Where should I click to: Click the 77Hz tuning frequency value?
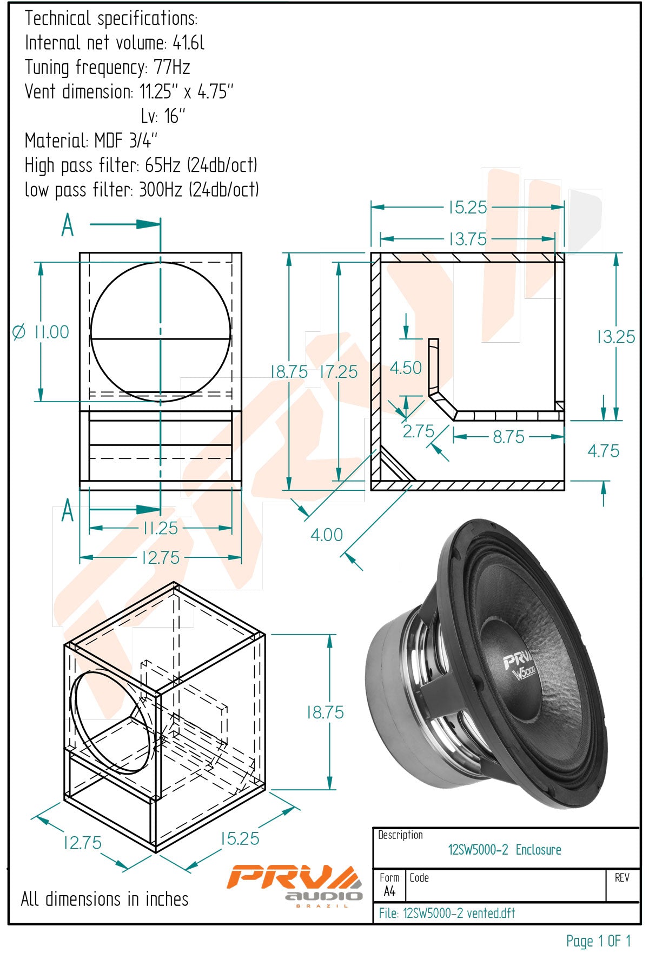[x=172, y=68]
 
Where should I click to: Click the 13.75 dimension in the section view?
[x=468, y=239]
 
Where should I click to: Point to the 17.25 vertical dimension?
[x=339, y=372]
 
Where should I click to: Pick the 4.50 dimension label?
[x=406, y=368]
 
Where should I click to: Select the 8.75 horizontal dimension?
[x=508, y=437]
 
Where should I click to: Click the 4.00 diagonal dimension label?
[x=327, y=535]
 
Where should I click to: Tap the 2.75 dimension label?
[x=419, y=431]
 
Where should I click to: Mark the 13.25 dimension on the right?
[x=615, y=337]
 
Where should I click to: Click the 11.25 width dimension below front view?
[x=160, y=528]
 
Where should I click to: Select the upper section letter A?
[x=68, y=225]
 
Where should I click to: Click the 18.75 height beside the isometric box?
[x=325, y=712]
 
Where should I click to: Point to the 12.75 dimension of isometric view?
[x=82, y=843]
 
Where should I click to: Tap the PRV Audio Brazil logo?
[x=294, y=885]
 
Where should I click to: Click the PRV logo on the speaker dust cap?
[x=518, y=661]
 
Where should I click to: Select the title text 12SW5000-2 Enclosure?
[x=504, y=850]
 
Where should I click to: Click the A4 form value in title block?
[x=389, y=891]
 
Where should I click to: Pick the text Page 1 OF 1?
[x=598, y=941]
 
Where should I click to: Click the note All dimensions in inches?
[x=104, y=899]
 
